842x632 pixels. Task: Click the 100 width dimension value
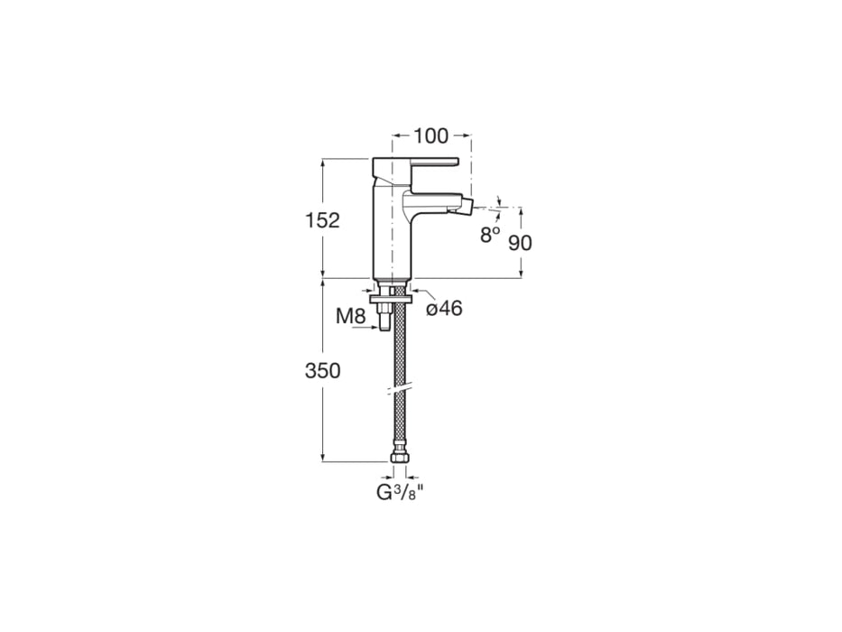[431, 135]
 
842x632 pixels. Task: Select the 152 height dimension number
[322, 220]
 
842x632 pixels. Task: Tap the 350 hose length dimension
[322, 370]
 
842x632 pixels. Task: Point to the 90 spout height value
[521, 242]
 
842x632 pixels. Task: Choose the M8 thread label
[350, 316]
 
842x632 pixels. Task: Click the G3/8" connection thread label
[400, 492]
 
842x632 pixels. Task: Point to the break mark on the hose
[398, 390]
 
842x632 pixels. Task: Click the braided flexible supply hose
[398, 361]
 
